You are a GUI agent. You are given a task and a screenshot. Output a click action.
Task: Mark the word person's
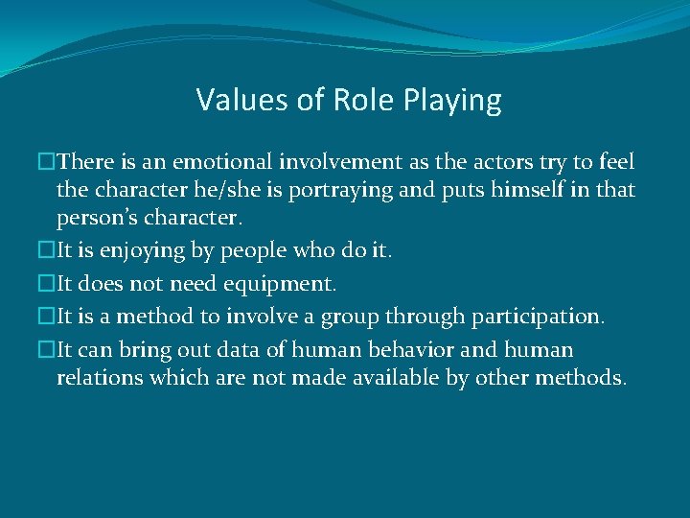(97, 218)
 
